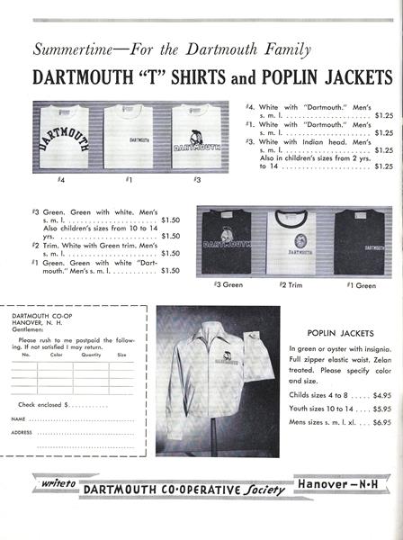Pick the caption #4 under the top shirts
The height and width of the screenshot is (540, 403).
click(x=61, y=181)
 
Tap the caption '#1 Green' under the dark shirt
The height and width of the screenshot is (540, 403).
click(x=360, y=284)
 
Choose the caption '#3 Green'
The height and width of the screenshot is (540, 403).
click(x=229, y=284)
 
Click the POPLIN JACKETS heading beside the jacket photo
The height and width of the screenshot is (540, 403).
click(x=340, y=331)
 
